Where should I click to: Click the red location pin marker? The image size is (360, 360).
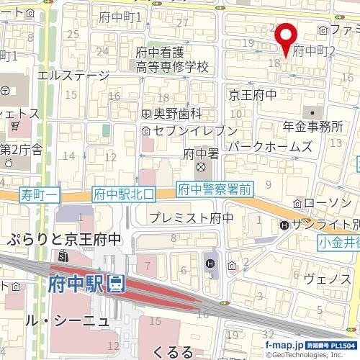(x=286, y=37)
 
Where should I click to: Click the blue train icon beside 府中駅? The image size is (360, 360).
(x=115, y=284)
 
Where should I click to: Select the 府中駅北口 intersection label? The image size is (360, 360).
(x=119, y=193)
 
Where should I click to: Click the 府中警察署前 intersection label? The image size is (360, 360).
(x=215, y=190)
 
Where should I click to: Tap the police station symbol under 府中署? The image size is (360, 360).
(x=200, y=168)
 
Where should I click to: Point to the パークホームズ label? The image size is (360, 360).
(x=269, y=147)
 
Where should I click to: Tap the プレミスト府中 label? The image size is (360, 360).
(x=192, y=217)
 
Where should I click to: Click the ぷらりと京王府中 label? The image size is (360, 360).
(x=65, y=240)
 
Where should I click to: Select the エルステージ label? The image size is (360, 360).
(x=73, y=74)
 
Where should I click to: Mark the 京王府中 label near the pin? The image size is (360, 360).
(x=253, y=94)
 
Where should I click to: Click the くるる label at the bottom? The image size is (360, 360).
(x=173, y=351)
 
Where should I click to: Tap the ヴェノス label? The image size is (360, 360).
(x=327, y=279)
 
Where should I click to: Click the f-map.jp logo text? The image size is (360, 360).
(x=285, y=346)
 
